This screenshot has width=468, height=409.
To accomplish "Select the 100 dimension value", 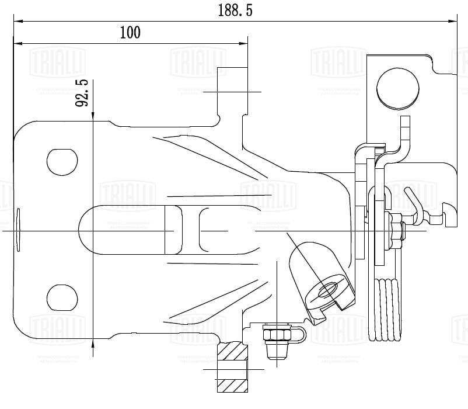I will pos(130,32).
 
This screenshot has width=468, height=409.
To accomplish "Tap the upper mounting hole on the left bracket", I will pos(62,161).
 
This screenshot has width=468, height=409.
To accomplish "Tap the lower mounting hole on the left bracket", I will pos(62,298).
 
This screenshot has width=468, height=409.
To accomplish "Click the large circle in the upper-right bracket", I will pos(397,88).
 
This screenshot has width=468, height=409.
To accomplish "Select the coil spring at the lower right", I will pos(387,310).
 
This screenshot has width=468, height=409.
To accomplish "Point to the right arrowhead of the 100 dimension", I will pos(243,43).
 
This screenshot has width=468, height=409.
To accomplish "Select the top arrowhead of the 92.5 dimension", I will pos(93,117).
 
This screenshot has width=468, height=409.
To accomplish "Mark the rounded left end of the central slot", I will pos(88,230).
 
